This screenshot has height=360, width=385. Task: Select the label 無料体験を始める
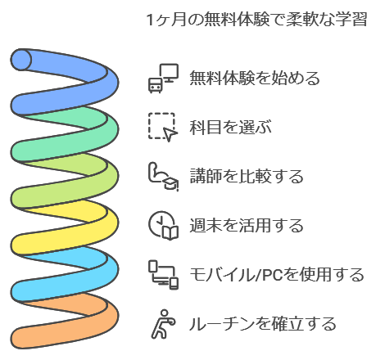tap(254, 79)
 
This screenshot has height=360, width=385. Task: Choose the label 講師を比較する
tap(246, 176)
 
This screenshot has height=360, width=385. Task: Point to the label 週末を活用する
tap(246, 225)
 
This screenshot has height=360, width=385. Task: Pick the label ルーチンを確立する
tap(262, 323)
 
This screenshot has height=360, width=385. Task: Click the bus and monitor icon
tap(162, 79)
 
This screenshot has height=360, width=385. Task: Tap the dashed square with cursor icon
tap(162, 127)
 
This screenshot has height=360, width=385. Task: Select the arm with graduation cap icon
tap(162, 176)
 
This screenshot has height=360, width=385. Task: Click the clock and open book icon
tap(162, 225)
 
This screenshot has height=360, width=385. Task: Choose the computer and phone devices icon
tap(162, 274)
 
